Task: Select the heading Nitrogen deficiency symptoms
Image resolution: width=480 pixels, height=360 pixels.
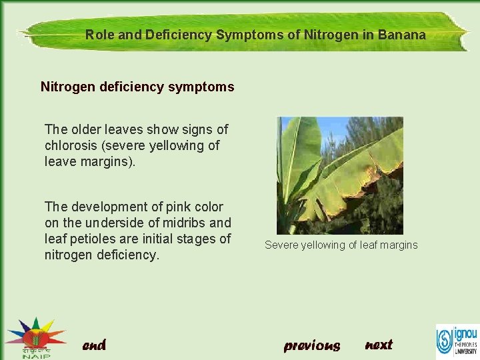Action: pos(137,87)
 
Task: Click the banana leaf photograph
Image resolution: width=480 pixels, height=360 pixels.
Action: pos(340,175)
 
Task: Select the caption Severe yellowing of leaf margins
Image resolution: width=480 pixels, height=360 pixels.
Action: pos(341,245)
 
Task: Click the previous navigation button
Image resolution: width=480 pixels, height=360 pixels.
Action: pos(311,345)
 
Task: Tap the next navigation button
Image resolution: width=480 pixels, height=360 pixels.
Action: pos(379,345)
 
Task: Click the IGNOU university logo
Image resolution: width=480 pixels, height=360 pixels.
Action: pos(457,339)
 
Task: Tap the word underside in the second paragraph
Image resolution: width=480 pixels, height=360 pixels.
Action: pos(110,223)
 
